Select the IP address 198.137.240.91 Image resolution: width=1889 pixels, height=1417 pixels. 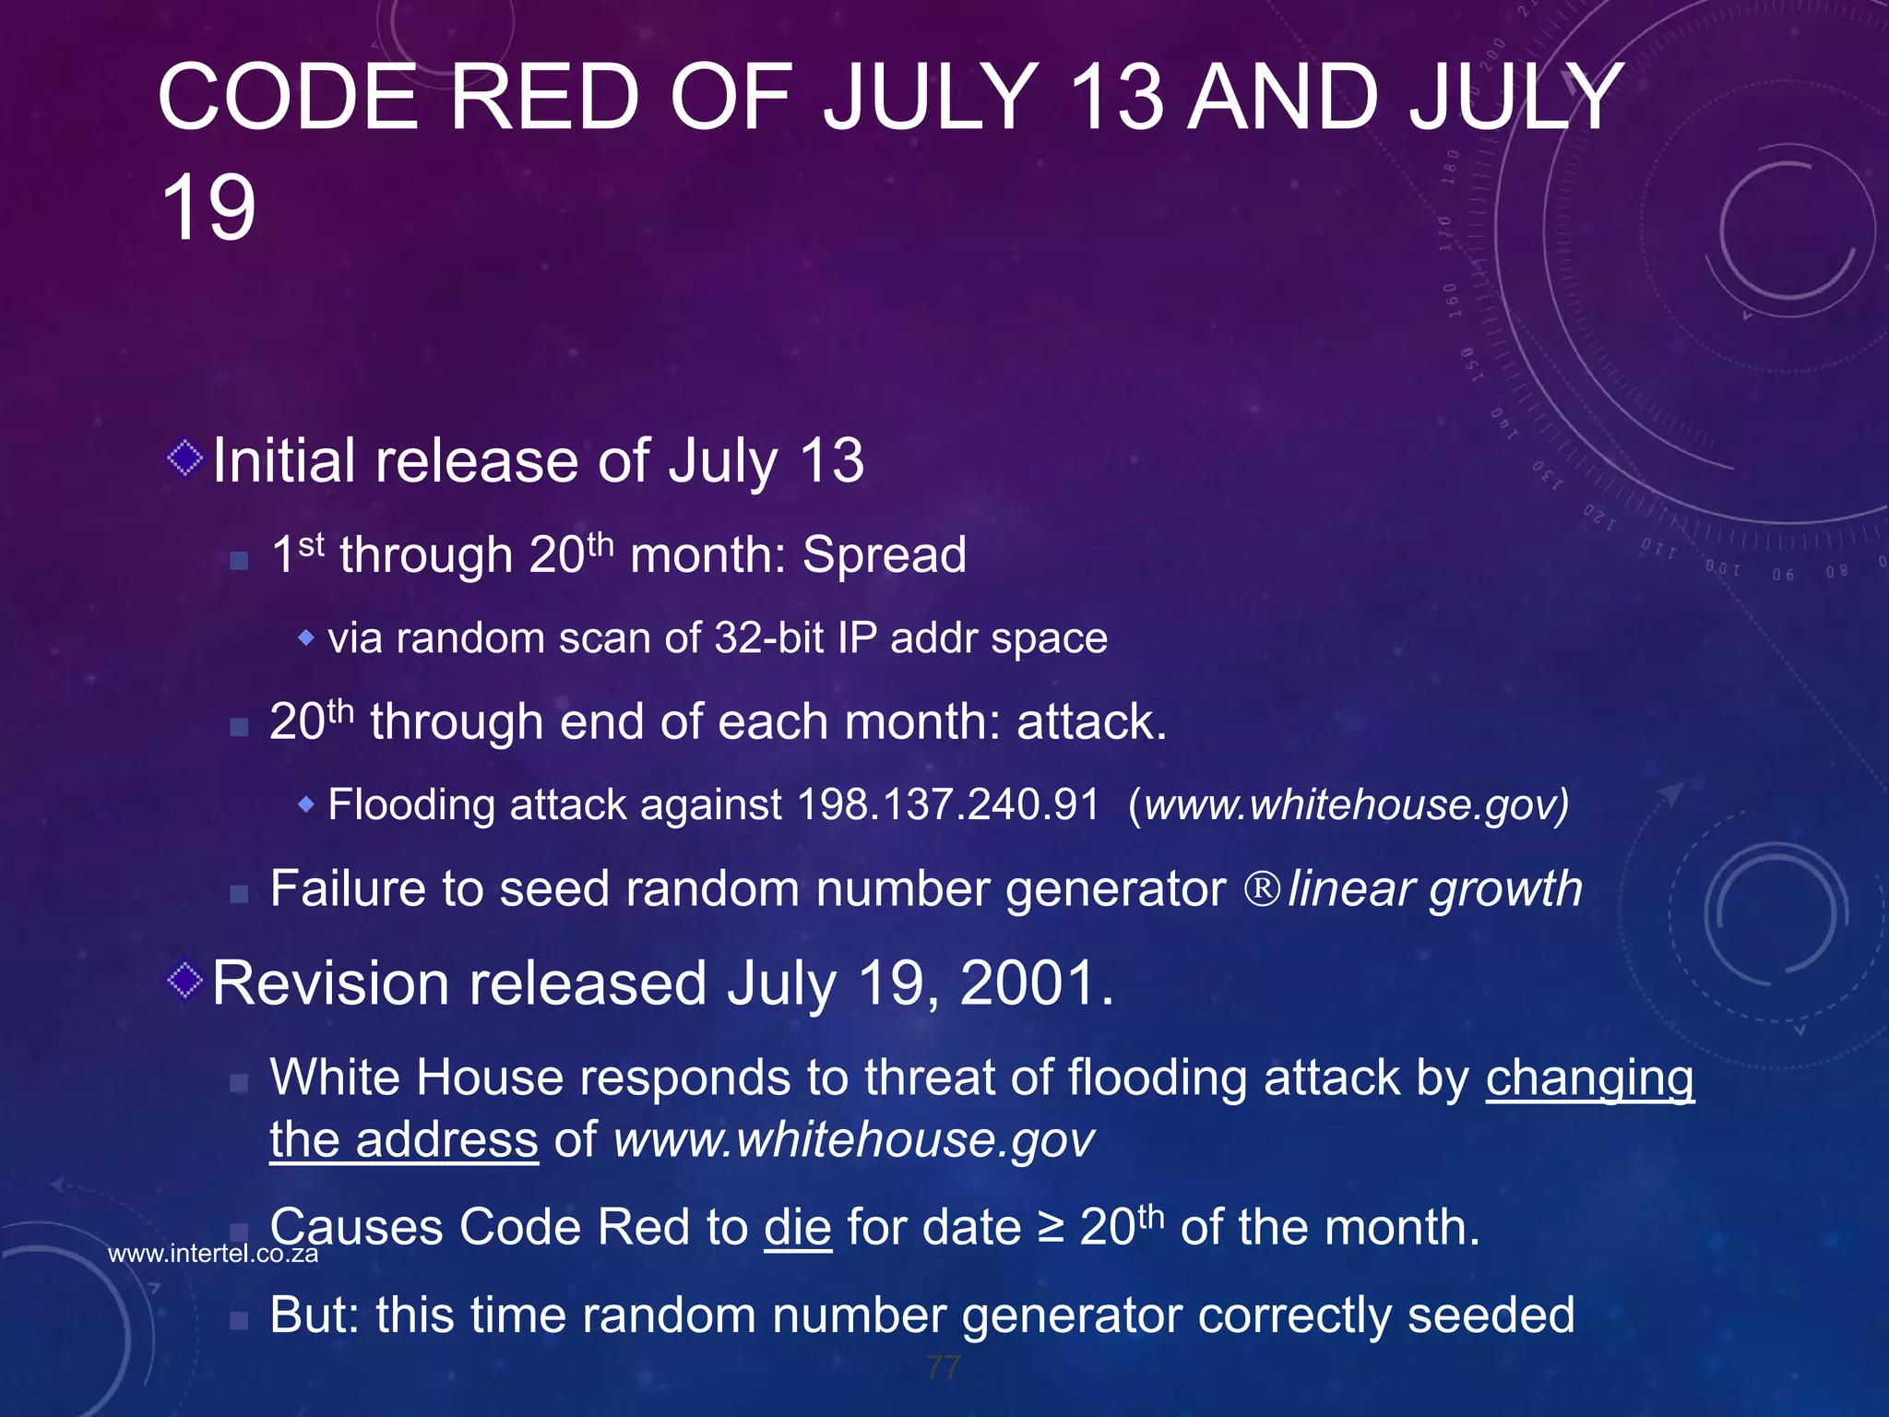(x=948, y=804)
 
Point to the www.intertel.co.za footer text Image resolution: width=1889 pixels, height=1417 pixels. (x=213, y=1254)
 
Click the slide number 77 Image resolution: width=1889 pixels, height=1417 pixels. (x=944, y=1367)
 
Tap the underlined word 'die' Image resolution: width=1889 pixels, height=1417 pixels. (x=798, y=1228)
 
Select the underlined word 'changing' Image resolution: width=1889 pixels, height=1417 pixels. (x=1589, y=1078)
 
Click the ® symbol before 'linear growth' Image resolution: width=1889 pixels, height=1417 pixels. (x=1262, y=889)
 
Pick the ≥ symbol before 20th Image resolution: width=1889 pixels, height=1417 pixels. (x=1050, y=1228)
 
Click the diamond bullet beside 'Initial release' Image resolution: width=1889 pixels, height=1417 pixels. (x=185, y=458)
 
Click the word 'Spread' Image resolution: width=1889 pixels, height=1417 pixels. (x=884, y=555)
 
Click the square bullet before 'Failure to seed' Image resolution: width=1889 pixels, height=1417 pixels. (x=239, y=893)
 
